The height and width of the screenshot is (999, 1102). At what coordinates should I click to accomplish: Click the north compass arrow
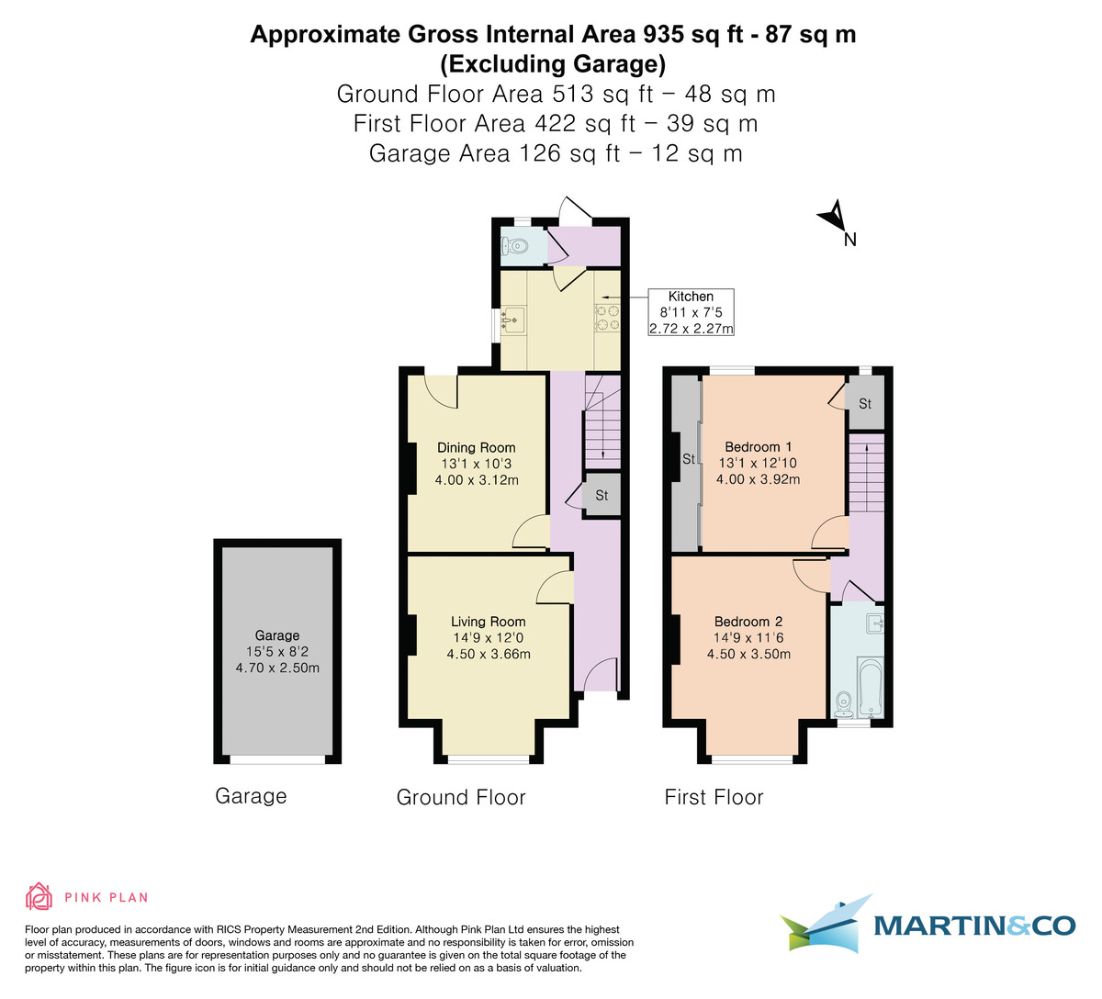click(x=832, y=217)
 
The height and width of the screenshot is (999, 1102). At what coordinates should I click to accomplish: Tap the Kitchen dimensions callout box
click(x=691, y=312)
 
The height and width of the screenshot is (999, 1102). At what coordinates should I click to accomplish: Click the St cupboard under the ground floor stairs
click(x=602, y=496)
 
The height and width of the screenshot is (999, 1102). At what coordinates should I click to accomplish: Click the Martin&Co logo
click(x=928, y=924)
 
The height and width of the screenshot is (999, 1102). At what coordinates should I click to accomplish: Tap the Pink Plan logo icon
click(x=38, y=896)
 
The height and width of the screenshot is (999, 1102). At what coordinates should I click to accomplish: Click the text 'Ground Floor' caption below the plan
click(x=461, y=797)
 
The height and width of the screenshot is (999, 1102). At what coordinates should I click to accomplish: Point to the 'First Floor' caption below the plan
click(x=714, y=797)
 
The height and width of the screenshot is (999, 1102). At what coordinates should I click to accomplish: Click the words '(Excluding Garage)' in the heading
click(x=552, y=63)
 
